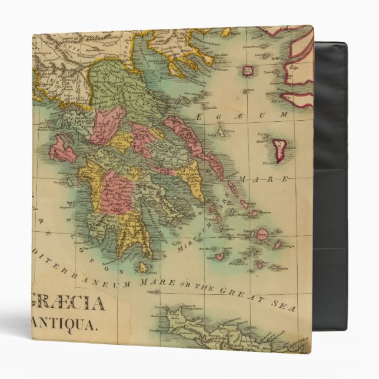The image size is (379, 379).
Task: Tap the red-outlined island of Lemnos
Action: pos(248,72)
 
